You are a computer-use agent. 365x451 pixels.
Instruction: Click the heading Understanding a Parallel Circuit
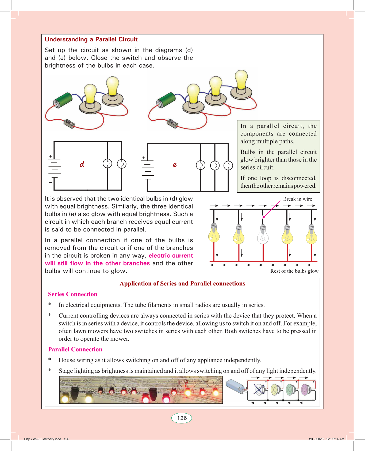[91, 40]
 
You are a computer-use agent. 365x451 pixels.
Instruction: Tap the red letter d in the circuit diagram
[82, 164]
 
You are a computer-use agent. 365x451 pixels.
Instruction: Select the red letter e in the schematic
[175, 164]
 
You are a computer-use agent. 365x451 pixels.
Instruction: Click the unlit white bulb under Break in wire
[263, 235]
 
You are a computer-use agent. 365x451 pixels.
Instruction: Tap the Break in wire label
[297, 199]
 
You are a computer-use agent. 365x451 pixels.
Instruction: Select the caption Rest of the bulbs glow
[294, 271]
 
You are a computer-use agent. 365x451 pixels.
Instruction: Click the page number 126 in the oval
[182, 418]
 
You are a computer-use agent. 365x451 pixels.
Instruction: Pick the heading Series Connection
[72, 294]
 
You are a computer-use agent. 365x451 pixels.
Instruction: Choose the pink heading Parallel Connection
[75, 350]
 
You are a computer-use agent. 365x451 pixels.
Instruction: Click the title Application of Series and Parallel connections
[182, 284]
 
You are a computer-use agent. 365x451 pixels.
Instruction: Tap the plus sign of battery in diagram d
[51, 156]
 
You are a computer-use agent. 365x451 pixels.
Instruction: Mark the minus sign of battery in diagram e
[144, 184]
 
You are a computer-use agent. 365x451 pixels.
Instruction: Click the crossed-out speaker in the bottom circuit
[259, 390]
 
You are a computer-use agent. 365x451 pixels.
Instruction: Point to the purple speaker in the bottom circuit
[305, 390]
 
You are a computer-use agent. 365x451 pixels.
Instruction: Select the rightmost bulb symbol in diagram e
[228, 166]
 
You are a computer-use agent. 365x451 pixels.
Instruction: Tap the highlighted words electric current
[171, 256]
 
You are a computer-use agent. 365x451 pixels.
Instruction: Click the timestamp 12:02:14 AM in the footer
[335, 439]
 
